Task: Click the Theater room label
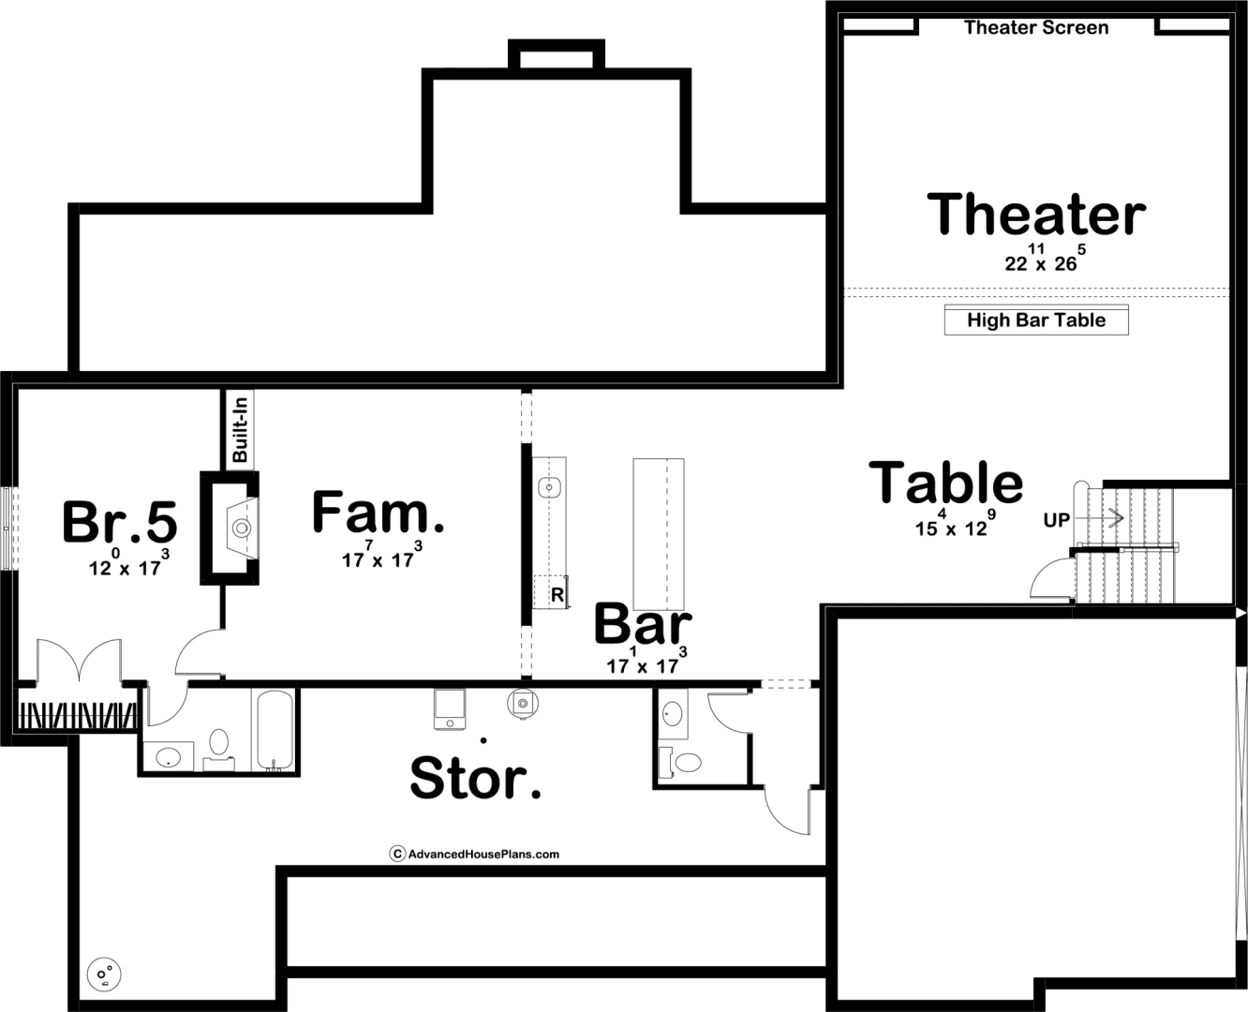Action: (1036, 215)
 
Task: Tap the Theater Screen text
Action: (1036, 27)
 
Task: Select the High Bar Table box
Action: (1036, 320)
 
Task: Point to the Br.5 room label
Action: (120, 521)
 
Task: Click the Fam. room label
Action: (378, 512)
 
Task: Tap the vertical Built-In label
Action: (240, 429)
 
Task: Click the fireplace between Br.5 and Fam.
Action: (230, 528)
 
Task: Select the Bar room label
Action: (643, 624)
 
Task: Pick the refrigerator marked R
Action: (550, 592)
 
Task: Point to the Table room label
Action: (945, 483)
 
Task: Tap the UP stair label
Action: (1057, 520)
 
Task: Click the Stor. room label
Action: (475, 778)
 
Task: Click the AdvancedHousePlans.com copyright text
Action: (475, 854)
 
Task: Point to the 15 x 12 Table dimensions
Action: (955, 523)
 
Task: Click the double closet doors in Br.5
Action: (80, 661)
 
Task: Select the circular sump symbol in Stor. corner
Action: (104, 975)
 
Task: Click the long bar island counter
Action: (659, 534)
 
